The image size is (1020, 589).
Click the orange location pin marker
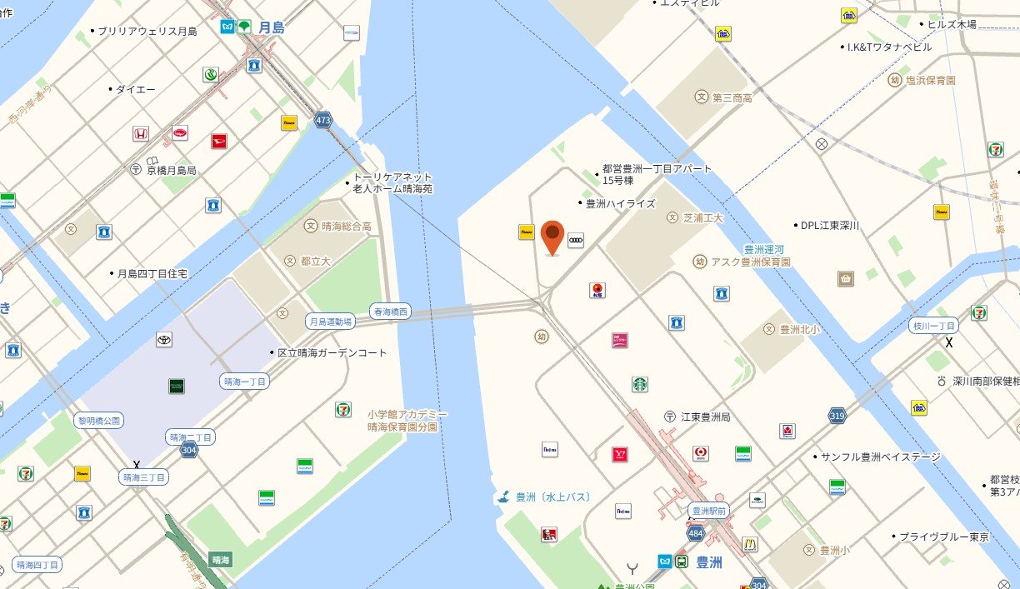click(552, 237)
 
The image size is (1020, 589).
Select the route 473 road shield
click(323, 121)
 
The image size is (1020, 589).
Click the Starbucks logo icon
click(639, 384)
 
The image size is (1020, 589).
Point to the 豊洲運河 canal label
click(765, 249)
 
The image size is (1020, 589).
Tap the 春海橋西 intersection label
click(391, 312)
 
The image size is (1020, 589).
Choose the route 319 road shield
click(837, 414)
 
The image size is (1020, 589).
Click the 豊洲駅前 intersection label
click(709, 510)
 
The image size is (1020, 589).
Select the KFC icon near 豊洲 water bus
click(548, 534)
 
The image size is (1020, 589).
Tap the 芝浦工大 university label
click(702, 217)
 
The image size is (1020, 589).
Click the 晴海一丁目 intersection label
click(245, 382)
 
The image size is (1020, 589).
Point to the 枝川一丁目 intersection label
click(933, 326)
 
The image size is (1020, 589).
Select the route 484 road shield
click(694, 532)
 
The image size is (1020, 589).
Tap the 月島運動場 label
click(331, 321)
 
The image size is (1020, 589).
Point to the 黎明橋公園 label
click(100, 421)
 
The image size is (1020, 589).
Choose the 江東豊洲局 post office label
click(705, 417)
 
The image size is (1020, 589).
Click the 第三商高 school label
click(732, 97)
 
